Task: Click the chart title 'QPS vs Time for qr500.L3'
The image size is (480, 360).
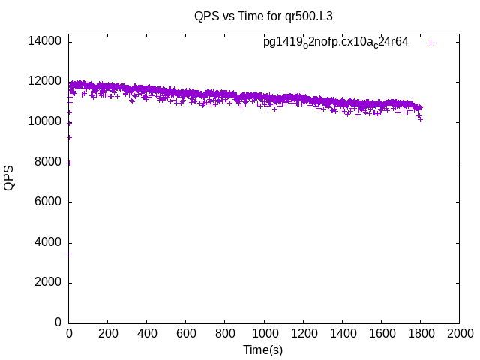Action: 263,16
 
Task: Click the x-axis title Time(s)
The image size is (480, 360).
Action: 263,350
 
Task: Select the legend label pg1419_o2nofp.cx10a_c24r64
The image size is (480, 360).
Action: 335,42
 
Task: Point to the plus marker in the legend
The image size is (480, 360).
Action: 431,43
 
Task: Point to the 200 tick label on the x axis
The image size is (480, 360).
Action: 108,333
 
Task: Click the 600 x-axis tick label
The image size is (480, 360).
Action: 186,333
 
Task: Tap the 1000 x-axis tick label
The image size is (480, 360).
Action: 264,333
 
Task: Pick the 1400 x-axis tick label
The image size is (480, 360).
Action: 342,333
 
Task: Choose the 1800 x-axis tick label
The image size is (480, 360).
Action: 420,333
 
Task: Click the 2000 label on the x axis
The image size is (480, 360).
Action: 459,333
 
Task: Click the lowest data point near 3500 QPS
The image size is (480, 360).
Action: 69,253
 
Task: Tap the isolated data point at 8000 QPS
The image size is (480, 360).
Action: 69,162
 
